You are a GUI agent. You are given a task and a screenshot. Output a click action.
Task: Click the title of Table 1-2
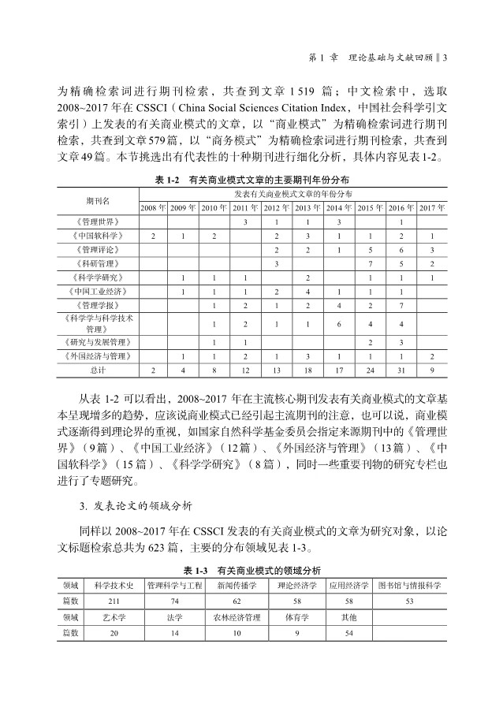click(252, 181)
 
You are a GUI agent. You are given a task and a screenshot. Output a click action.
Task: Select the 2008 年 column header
click(153, 207)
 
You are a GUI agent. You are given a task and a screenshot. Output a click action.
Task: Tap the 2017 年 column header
click(432, 207)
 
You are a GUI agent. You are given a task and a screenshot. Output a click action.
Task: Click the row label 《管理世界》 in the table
click(97, 221)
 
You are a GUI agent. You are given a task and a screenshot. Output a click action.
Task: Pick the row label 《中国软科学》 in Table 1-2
click(97, 236)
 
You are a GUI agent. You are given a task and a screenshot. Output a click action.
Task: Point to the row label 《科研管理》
click(97, 263)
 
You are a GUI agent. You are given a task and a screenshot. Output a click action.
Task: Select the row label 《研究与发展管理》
click(97, 342)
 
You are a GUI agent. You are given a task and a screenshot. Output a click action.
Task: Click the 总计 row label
click(97, 370)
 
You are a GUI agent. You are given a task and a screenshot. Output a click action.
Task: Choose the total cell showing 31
click(401, 370)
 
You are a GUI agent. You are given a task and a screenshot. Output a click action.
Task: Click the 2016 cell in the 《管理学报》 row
click(401, 305)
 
